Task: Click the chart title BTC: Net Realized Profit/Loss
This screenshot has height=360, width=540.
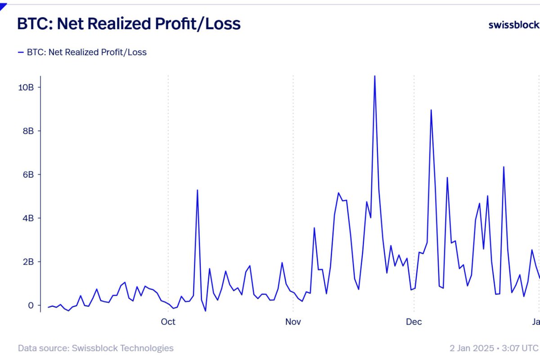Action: tap(129, 24)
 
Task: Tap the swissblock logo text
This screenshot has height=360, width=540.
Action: tap(513, 25)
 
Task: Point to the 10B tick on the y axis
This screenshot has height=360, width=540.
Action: tap(26, 87)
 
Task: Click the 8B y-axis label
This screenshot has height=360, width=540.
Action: tap(28, 131)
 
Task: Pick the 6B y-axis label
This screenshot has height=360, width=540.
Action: tap(28, 175)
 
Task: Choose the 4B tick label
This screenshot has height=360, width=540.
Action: tap(28, 218)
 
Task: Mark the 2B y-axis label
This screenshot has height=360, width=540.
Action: tap(28, 262)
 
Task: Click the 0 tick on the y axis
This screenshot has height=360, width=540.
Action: tap(31, 306)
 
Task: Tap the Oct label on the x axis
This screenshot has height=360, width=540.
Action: tap(168, 322)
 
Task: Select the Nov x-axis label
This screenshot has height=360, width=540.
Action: tap(293, 322)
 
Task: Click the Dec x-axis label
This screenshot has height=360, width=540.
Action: tap(414, 322)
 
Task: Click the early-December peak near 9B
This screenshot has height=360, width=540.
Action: tap(431, 110)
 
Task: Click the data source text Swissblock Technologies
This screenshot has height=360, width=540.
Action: tap(95, 348)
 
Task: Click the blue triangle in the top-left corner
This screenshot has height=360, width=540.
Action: tap(3, 6)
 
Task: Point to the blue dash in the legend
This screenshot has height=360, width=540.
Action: tap(20, 52)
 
